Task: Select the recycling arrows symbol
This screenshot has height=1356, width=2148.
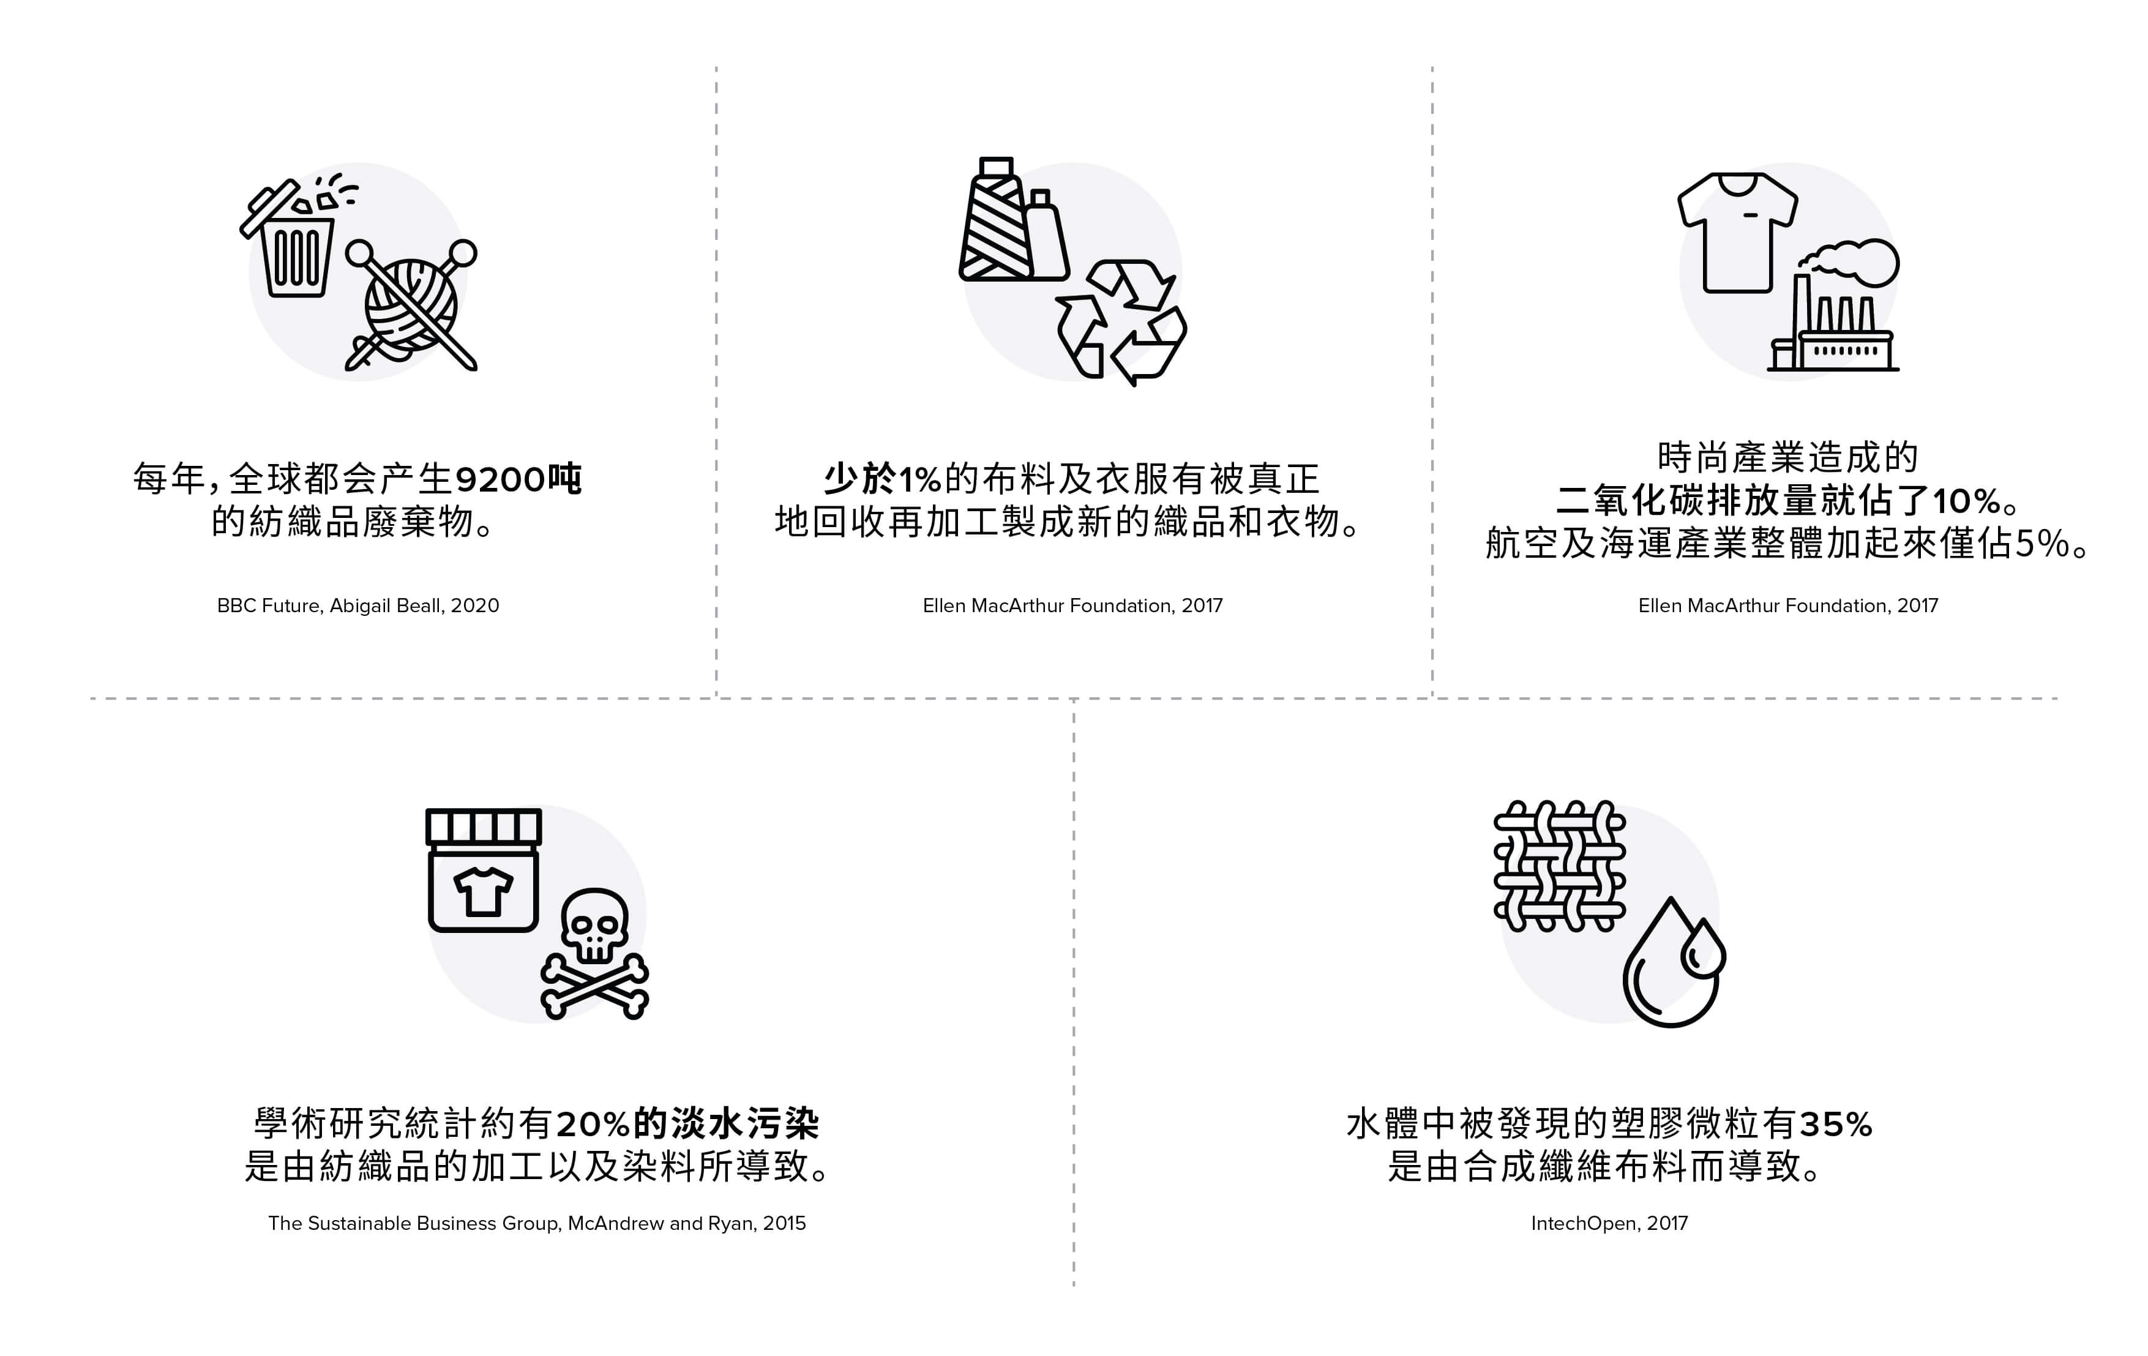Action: (x=1121, y=322)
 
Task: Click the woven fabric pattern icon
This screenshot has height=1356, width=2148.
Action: (x=1559, y=866)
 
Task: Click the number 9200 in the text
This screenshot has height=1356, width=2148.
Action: (x=501, y=480)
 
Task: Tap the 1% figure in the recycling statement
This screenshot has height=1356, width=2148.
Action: (x=919, y=480)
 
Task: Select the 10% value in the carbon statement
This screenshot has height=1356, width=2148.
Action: (x=1966, y=501)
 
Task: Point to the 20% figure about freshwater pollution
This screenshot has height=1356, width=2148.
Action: (x=594, y=1124)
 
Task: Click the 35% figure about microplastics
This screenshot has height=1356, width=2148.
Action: (x=1836, y=1124)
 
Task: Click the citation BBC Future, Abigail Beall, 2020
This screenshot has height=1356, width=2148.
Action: (x=357, y=605)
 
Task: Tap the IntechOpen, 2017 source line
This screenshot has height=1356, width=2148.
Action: (x=1609, y=1223)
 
